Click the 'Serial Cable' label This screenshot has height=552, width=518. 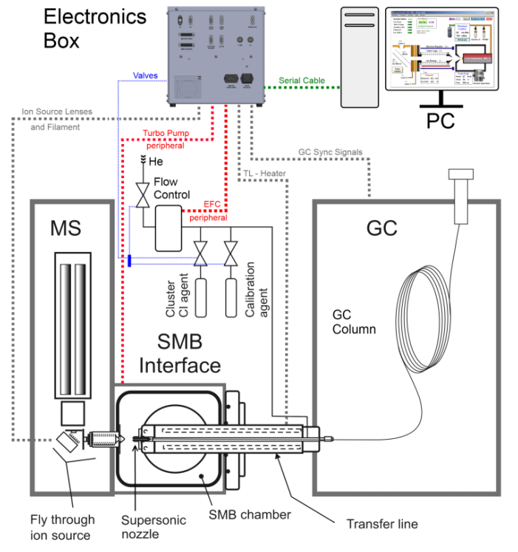click(x=304, y=80)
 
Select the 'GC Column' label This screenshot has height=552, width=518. click(x=355, y=319)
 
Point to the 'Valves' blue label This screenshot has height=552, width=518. click(x=145, y=75)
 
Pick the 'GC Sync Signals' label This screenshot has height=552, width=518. click(x=330, y=152)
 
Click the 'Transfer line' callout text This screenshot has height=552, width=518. click(x=382, y=524)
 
